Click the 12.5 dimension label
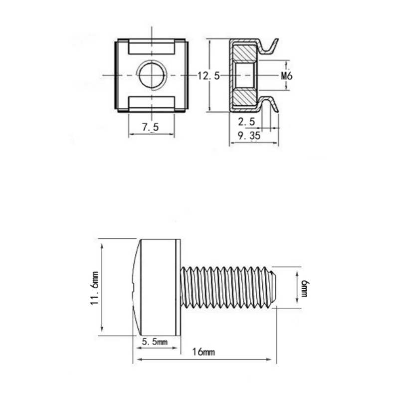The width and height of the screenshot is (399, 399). tap(208, 76)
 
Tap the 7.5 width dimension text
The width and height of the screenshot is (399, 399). tap(151, 127)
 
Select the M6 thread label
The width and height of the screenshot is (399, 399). tap(287, 76)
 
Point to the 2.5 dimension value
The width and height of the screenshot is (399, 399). tap(246, 122)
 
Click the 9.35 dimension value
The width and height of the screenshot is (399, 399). tap(249, 136)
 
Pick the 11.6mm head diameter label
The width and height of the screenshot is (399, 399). tap(94, 288)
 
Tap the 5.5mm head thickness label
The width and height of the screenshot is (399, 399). tap(155, 342)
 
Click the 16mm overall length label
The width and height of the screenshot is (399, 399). tap(203, 352)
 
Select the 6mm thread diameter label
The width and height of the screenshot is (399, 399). tap(305, 289)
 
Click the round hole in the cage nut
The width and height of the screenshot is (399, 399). tap(152, 76)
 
